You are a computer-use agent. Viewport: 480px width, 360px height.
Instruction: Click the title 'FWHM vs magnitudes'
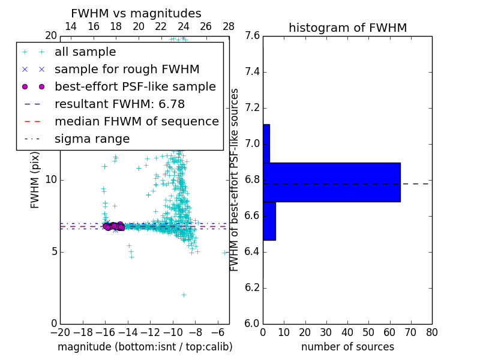(x=136, y=14)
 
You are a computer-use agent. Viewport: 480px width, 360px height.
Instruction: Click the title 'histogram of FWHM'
(x=347, y=28)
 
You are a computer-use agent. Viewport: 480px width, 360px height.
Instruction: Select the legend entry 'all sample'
(x=85, y=52)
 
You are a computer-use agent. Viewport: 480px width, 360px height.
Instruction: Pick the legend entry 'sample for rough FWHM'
(x=127, y=70)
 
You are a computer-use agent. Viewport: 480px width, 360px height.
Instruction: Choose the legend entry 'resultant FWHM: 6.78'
(x=118, y=104)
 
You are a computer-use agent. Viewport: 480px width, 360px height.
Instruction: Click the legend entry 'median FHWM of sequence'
(x=136, y=122)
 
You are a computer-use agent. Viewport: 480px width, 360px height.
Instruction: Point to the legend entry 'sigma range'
(x=92, y=139)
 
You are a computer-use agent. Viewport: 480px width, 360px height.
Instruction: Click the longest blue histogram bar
(x=332, y=182)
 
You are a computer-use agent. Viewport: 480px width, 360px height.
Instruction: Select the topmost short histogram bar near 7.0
(x=266, y=143)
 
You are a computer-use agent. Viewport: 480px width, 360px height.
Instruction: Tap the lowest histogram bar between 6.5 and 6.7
(x=269, y=221)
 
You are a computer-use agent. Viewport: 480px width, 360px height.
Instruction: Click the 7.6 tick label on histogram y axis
(x=252, y=36)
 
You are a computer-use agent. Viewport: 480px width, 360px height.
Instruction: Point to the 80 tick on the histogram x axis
(x=431, y=332)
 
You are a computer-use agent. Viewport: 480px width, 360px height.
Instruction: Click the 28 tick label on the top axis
(x=229, y=26)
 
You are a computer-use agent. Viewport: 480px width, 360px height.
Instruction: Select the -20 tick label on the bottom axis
(x=60, y=332)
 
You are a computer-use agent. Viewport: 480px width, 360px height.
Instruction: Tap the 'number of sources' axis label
(x=347, y=347)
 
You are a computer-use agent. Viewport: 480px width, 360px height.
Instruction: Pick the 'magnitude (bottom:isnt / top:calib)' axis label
(x=145, y=347)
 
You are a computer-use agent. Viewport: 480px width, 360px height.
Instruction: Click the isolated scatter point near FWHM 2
(x=184, y=295)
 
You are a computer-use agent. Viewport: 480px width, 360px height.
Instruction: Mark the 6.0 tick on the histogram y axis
(x=252, y=323)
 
